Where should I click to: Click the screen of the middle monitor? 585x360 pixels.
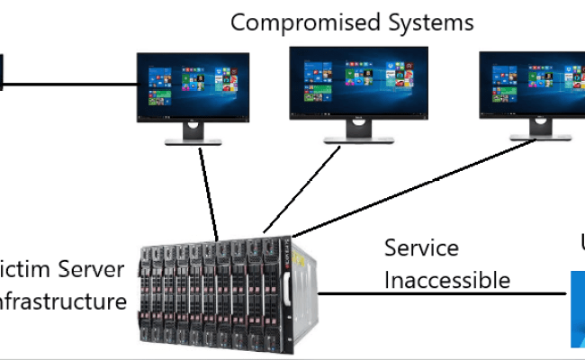(x=346, y=82)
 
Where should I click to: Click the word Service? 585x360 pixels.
(x=421, y=247)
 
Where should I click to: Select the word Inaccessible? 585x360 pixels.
(x=447, y=280)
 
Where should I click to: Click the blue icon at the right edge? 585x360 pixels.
(x=577, y=306)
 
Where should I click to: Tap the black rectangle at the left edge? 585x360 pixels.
(x=2, y=72)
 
